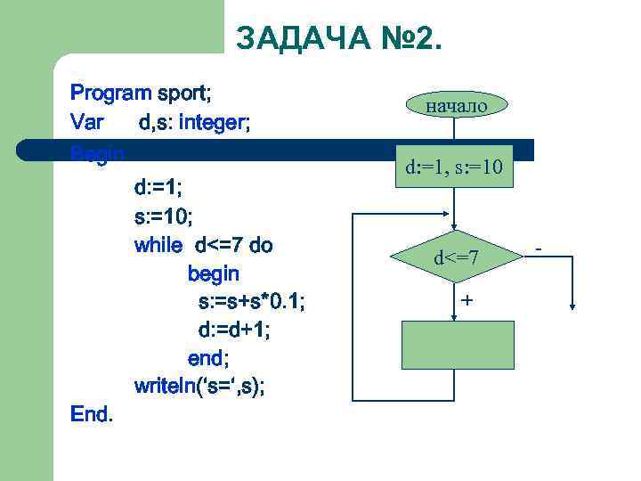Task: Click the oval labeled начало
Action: point(457,105)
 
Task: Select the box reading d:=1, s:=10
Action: point(457,167)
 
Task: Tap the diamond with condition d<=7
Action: point(457,258)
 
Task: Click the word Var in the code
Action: point(87,121)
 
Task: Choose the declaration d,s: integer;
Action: point(194,121)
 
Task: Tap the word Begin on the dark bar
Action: point(97,154)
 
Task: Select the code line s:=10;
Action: point(163,216)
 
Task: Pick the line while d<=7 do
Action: point(203,245)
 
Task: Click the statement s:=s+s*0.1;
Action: point(250,302)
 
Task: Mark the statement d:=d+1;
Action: point(233,330)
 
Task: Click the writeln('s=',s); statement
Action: point(199,387)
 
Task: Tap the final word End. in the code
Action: point(92,415)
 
